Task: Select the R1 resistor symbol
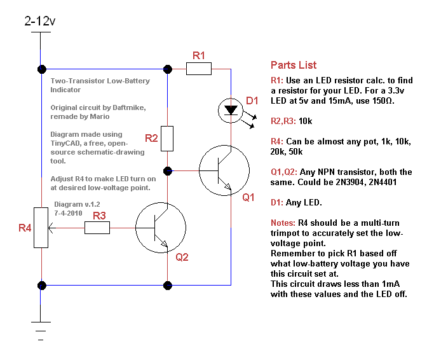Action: point(199,69)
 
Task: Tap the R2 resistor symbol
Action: point(167,138)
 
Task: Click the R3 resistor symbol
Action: point(97,228)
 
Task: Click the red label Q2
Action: point(182,257)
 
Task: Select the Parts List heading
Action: point(293,65)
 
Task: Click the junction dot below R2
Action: point(168,170)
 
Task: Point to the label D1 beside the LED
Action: point(252,101)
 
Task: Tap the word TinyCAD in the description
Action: point(64,143)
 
